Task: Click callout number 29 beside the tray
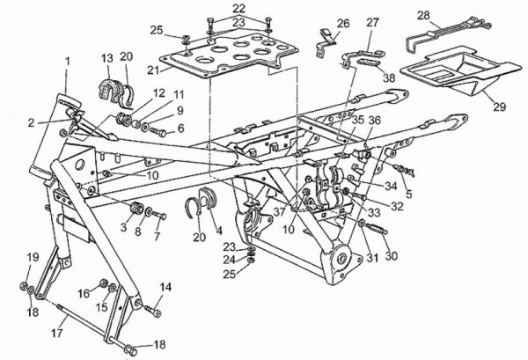tap(500, 107)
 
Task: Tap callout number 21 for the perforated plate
tap(153, 70)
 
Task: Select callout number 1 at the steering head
tap(68, 62)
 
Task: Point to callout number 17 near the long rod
tap(57, 333)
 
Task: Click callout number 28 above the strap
tap(423, 16)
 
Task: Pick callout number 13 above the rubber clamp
tap(107, 58)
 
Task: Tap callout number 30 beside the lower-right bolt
tap(392, 256)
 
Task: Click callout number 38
tap(389, 77)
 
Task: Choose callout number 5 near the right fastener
tap(409, 194)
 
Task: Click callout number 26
tap(343, 23)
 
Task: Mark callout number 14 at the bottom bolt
tap(165, 287)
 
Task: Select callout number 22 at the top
tap(238, 9)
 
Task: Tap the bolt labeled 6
tap(158, 131)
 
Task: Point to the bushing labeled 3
tap(137, 208)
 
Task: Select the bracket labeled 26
tap(326, 42)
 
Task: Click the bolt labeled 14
tap(153, 311)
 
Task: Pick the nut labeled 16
tap(103, 283)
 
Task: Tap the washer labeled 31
tap(363, 223)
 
